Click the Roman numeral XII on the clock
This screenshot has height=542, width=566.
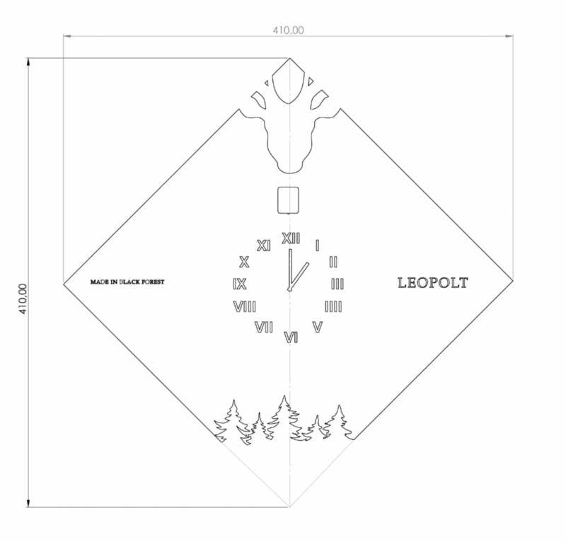tap(291, 238)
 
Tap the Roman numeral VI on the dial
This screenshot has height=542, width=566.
tap(291, 338)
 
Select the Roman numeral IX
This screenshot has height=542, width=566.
tap(240, 284)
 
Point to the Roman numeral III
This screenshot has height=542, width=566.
tap(337, 284)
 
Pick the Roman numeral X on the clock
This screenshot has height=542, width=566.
tap(244, 262)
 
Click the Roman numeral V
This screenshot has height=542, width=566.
tap(317, 327)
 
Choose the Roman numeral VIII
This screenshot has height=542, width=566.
tap(245, 307)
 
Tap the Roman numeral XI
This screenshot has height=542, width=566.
tap(263, 246)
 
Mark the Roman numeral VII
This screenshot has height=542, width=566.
tap(264, 328)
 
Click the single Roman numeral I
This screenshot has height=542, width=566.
tap(317, 246)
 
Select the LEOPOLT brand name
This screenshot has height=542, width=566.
tap(433, 283)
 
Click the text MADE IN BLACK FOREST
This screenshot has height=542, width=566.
tap(127, 282)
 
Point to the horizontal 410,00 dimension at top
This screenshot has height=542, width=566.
tap(288, 30)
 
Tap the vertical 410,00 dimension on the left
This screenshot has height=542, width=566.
tap(23, 299)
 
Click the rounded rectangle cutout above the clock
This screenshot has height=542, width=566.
tap(288, 200)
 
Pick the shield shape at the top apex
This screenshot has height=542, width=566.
tap(289, 81)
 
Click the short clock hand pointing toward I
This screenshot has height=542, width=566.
tap(299, 276)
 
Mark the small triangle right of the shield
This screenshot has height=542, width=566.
tap(311, 81)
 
